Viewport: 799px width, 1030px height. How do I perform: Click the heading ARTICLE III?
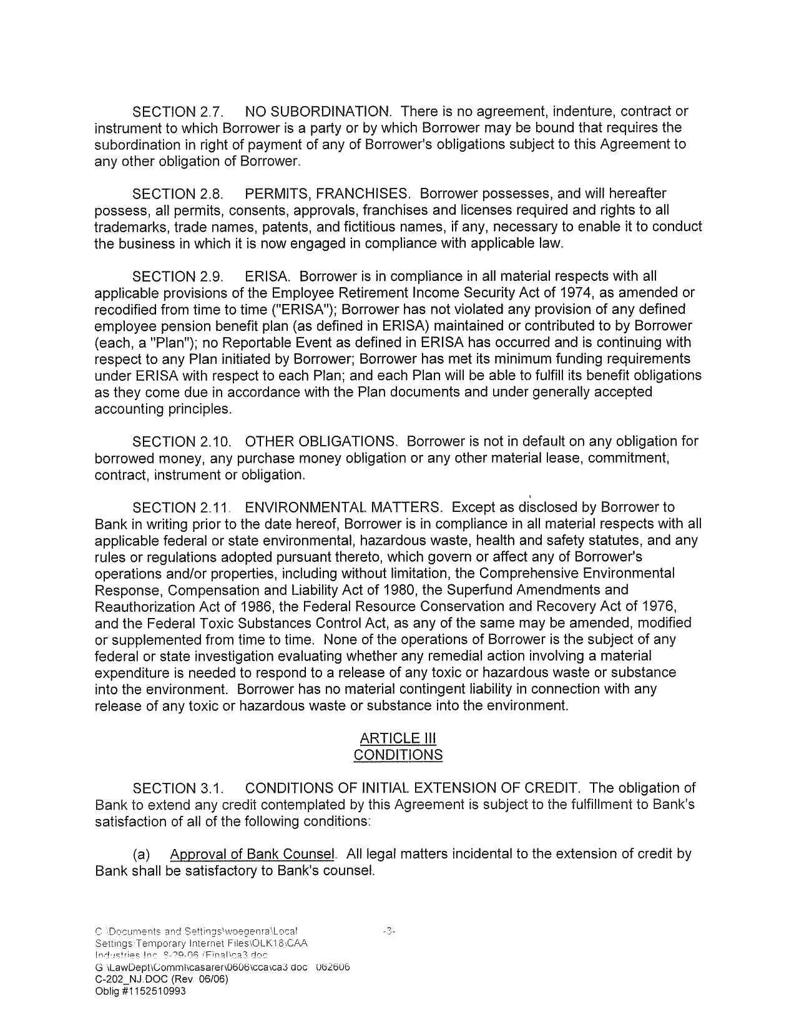(398, 738)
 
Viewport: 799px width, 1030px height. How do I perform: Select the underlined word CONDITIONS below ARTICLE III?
(398, 755)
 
